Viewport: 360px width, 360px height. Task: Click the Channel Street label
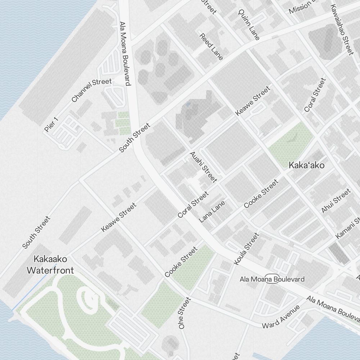point(91,90)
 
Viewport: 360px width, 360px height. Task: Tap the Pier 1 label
point(51,124)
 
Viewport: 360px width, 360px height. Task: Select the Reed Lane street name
point(211,46)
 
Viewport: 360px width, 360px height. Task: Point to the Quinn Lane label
point(249,24)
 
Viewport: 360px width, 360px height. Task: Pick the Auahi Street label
point(203,167)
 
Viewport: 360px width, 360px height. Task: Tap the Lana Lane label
point(212,211)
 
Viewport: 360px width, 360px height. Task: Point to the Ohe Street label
point(183,313)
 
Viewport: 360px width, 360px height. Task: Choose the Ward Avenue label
point(281,317)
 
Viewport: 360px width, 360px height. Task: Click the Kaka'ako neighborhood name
point(307,165)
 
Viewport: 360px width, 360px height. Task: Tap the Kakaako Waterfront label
point(50,265)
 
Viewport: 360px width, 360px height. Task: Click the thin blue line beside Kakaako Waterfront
point(34,288)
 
